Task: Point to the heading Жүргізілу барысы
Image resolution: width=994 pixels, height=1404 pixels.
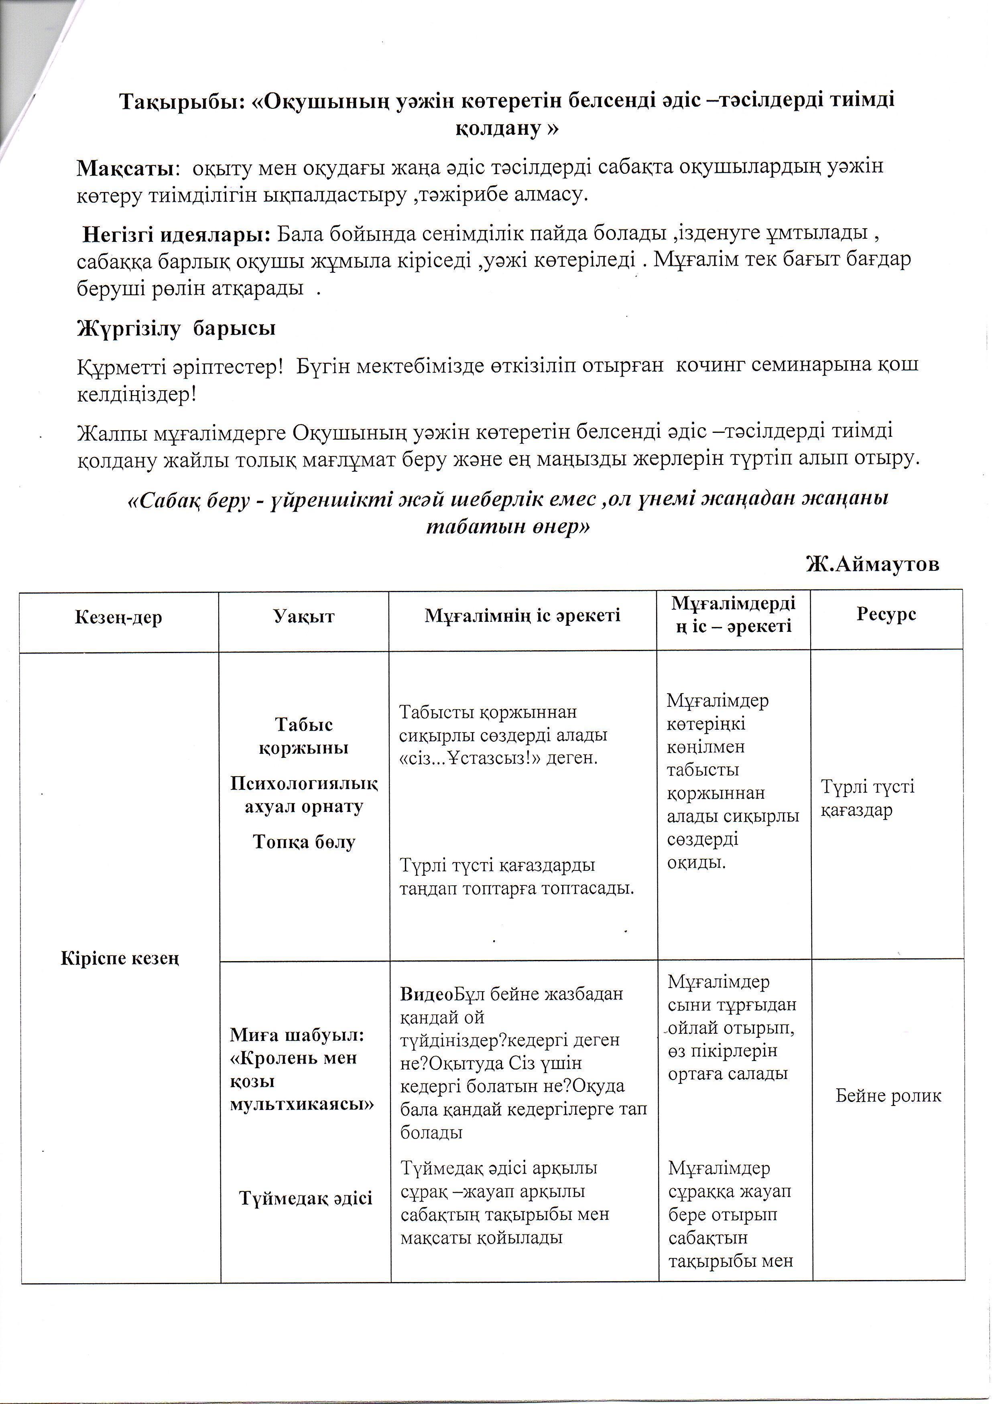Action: pyautogui.click(x=176, y=329)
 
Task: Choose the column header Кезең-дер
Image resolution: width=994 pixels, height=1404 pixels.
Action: pyautogui.click(x=119, y=617)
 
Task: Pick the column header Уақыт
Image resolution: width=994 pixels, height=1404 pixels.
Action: pyautogui.click(x=304, y=616)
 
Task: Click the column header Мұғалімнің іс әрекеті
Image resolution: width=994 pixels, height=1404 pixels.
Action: pyautogui.click(x=522, y=615)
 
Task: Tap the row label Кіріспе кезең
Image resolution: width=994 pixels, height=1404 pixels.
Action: pyautogui.click(x=120, y=958)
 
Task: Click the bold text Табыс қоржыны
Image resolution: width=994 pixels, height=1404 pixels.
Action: pyautogui.click(x=304, y=736)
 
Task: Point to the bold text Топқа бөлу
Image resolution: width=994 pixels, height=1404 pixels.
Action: pyautogui.click(x=304, y=842)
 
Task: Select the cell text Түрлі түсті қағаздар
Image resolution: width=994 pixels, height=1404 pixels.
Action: pyautogui.click(x=867, y=798)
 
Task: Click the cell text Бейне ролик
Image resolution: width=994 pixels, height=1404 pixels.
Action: pyautogui.click(x=888, y=1095)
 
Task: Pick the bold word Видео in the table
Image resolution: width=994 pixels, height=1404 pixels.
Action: pyautogui.click(x=426, y=994)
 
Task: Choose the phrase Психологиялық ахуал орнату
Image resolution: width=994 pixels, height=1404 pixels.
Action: pyautogui.click(x=304, y=795)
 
